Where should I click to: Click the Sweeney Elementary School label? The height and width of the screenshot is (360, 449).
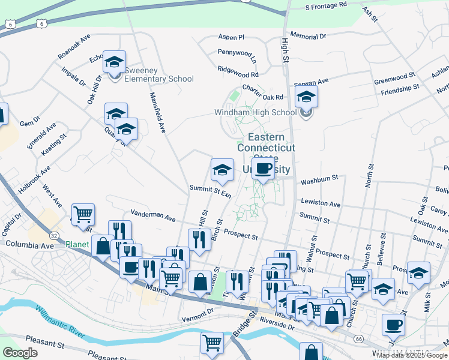[159, 79]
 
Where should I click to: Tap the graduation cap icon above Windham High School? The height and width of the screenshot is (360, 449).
[306, 97]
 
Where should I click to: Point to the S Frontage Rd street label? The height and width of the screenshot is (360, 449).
[326, 5]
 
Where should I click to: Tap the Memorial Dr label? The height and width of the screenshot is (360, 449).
[307, 37]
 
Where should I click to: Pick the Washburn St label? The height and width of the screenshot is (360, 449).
[319, 179]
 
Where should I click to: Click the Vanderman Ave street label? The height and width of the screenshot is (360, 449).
[153, 215]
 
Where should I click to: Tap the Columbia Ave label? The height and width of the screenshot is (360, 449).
[29, 244]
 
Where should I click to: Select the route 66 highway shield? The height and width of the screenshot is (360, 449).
[358, 339]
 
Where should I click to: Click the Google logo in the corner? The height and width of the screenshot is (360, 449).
[20, 353]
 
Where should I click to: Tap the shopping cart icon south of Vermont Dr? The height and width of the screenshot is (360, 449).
[213, 343]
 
